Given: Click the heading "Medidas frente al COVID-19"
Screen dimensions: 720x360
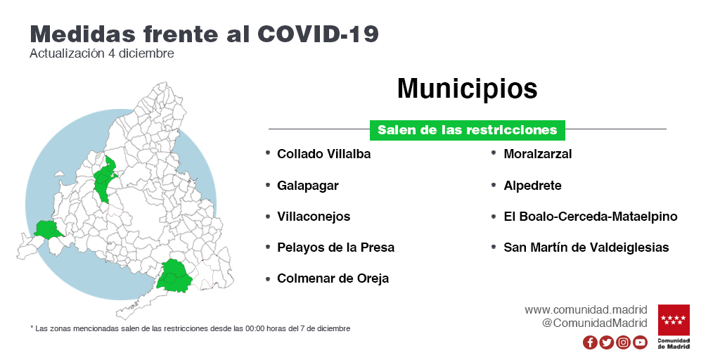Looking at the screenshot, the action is pyautogui.click(x=205, y=34).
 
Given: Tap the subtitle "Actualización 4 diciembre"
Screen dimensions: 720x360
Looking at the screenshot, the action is pyautogui.click(x=102, y=53).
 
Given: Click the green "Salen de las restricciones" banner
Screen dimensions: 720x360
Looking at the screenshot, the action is pyautogui.click(x=468, y=130).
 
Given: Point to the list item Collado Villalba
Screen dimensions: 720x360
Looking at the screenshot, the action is pyautogui.click(x=323, y=154).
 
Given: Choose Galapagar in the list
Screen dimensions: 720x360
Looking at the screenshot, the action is pyautogui.click(x=308, y=186).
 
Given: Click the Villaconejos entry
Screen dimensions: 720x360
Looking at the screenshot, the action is pyautogui.click(x=314, y=217).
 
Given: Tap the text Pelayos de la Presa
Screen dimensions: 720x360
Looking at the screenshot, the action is pyautogui.click(x=335, y=247).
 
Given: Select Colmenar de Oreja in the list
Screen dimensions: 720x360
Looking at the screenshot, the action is pyautogui.click(x=333, y=278).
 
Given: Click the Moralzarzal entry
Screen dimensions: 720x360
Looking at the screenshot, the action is pyautogui.click(x=538, y=154).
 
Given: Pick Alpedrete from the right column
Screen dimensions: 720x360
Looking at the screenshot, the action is pyautogui.click(x=533, y=186).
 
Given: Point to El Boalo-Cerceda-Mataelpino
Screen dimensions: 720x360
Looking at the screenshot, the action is pyautogui.click(x=591, y=217).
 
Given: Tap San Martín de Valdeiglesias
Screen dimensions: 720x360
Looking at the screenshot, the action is pyautogui.click(x=586, y=247).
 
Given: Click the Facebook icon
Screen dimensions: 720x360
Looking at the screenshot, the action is pyautogui.click(x=590, y=342).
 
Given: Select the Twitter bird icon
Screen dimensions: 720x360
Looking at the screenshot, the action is pyautogui.click(x=607, y=342).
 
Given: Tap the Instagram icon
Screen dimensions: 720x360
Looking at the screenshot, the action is pyautogui.click(x=623, y=342).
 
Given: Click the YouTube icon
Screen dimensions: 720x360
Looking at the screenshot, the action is pyautogui.click(x=640, y=342).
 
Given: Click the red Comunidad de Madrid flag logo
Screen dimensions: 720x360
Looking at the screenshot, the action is pyautogui.click(x=674, y=320).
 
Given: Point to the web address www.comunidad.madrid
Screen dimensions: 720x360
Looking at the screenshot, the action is pyautogui.click(x=586, y=309).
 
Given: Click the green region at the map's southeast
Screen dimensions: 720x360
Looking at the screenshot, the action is pyautogui.click(x=173, y=276).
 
